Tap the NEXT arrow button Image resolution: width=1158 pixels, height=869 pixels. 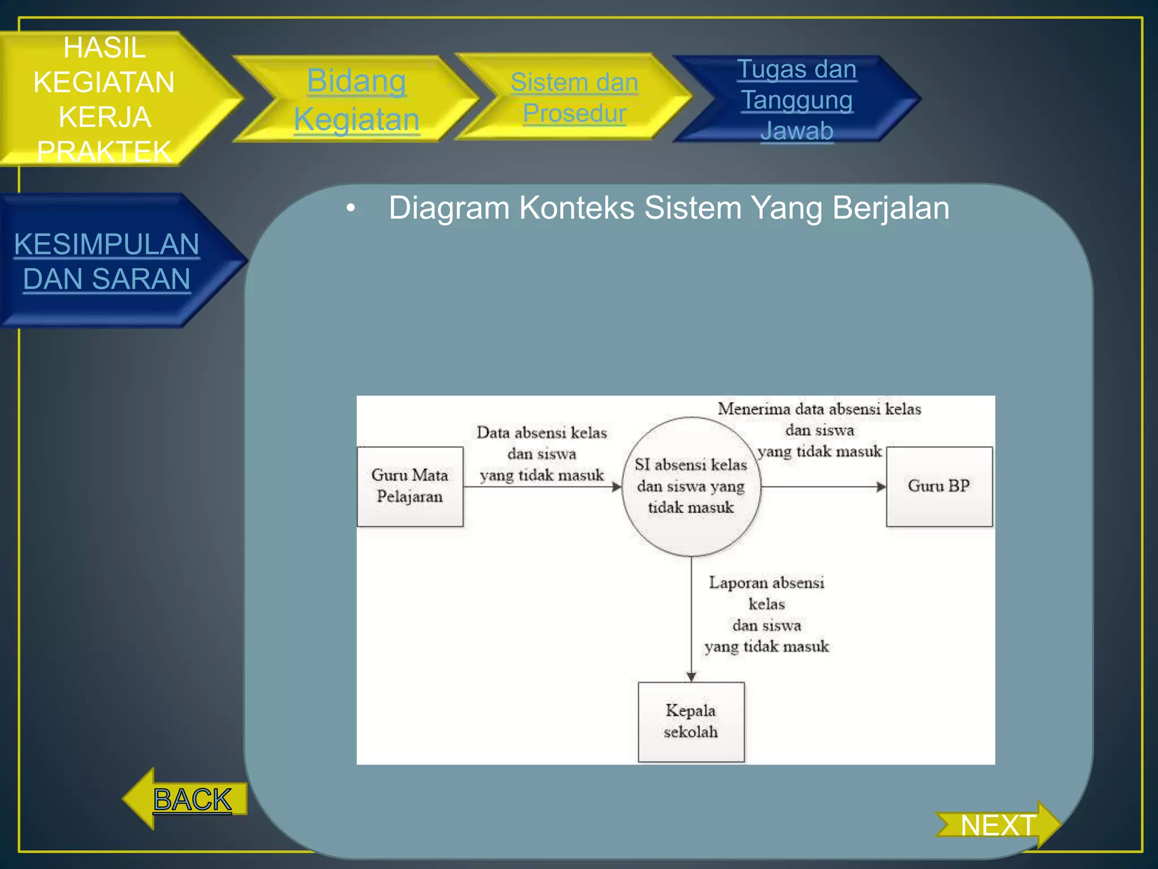tap(999, 825)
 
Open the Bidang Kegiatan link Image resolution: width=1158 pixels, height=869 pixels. tap(356, 100)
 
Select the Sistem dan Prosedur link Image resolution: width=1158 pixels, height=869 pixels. tap(574, 97)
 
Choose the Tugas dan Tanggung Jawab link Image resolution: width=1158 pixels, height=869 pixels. tap(797, 100)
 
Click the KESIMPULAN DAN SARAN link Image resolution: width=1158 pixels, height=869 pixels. tap(106, 261)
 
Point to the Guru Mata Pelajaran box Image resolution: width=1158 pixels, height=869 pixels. tap(410, 487)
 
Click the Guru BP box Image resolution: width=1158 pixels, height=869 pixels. tap(939, 487)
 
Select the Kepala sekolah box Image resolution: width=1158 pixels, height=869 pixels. tap(691, 721)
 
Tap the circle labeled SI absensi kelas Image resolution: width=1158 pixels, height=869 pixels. tap(691, 487)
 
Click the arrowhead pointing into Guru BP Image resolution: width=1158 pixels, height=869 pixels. tap(881, 487)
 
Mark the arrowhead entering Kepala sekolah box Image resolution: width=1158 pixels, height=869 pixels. tap(691, 677)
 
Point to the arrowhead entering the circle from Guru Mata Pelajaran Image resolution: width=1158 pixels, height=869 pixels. tap(617, 487)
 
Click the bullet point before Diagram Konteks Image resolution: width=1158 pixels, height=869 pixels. tap(351, 208)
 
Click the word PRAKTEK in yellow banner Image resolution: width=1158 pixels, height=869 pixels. tap(104, 152)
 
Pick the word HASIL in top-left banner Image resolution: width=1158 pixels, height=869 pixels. tap(104, 48)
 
